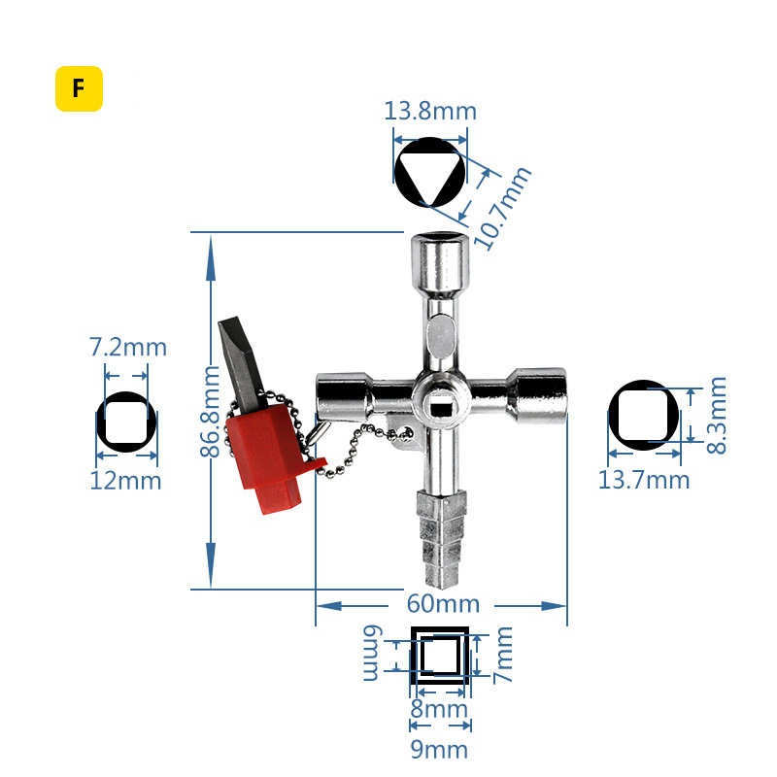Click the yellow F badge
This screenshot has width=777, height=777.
[79, 89]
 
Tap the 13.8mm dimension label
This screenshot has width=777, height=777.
[430, 110]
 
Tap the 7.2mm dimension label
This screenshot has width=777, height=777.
[127, 347]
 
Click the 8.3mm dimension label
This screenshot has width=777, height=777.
[716, 416]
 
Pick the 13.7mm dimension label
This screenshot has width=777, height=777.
[644, 480]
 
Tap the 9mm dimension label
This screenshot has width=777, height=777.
[439, 749]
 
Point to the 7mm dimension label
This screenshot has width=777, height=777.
[502, 654]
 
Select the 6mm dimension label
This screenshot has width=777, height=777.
[372, 654]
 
